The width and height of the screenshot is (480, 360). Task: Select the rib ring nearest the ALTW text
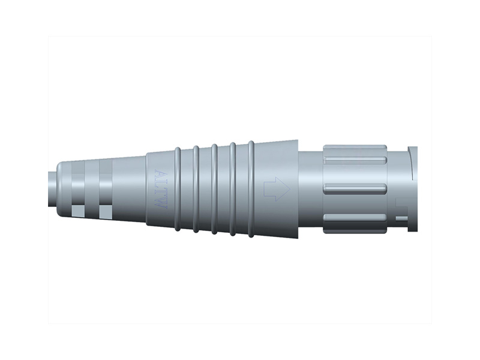pyautogui.click(x=178, y=188)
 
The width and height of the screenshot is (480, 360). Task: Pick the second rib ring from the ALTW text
pyautogui.click(x=196, y=188)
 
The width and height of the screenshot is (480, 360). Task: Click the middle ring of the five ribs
pyautogui.click(x=214, y=188)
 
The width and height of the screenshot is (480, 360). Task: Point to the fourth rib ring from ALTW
pyautogui.click(x=233, y=188)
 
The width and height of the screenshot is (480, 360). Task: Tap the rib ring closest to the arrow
pyautogui.click(x=251, y=188)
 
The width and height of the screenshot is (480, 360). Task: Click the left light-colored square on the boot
pyautogui.click(x=78, y=211)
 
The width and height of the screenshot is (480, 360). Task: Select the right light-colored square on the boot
pyautogui.click(x=106, y=211)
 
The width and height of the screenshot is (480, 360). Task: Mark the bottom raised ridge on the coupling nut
pyautogui.click(x=354, y=220)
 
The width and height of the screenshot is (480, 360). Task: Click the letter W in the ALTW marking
pyautogui.click(x=159, y=202)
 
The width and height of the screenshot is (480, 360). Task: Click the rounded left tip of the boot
pyautogui.click(x=61, y=188)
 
